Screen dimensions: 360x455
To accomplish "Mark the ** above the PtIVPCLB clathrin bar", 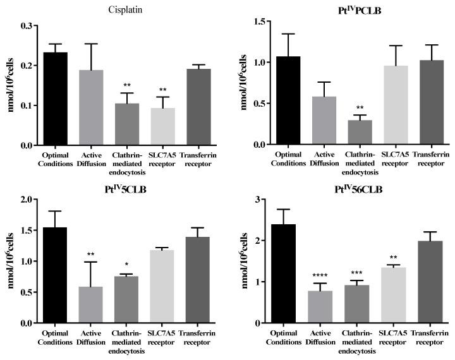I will [359, 108].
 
